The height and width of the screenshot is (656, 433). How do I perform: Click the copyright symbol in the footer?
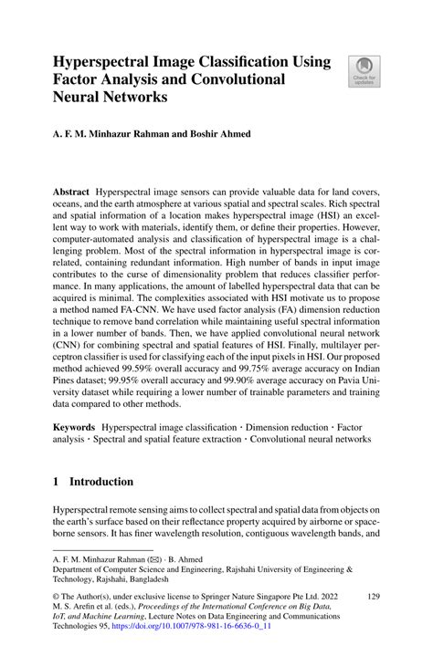tap(57, 596)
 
